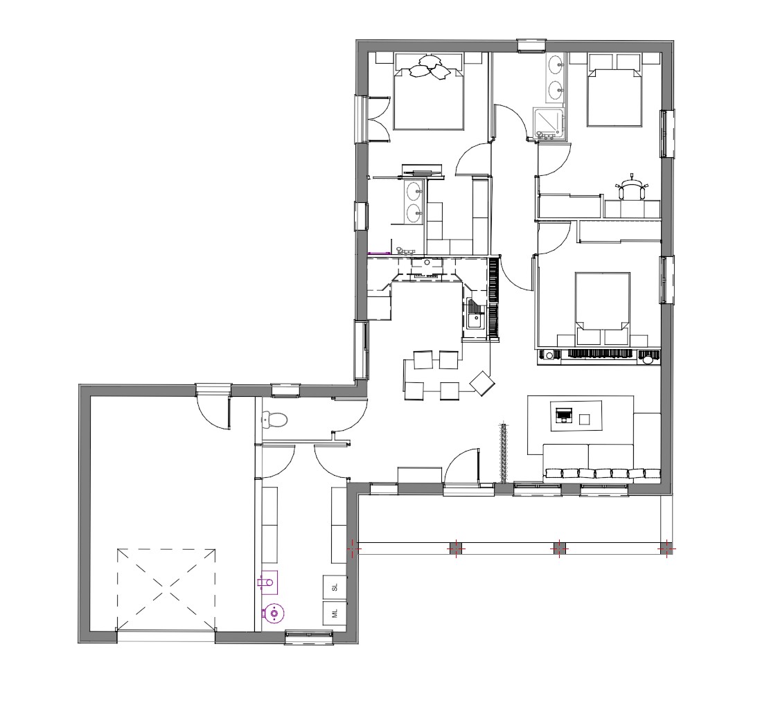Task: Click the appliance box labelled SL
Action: pos(335,587)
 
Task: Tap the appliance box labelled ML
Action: pos(335,614)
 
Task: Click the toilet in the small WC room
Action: pos(274,420)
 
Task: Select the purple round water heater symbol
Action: pos(273,614)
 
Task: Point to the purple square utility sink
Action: pos(268,582)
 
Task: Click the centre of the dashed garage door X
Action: pos(166,589)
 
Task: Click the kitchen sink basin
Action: pos(474,317)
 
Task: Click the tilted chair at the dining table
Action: pos(482,384)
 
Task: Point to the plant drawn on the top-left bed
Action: pos(430,67)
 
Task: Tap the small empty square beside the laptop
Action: pos(585,420)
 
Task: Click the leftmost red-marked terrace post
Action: pos(353,549)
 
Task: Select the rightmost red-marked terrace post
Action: pos(666,549)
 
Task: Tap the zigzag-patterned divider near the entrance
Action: pos(504,452)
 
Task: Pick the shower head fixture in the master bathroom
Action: pos(404,251)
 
